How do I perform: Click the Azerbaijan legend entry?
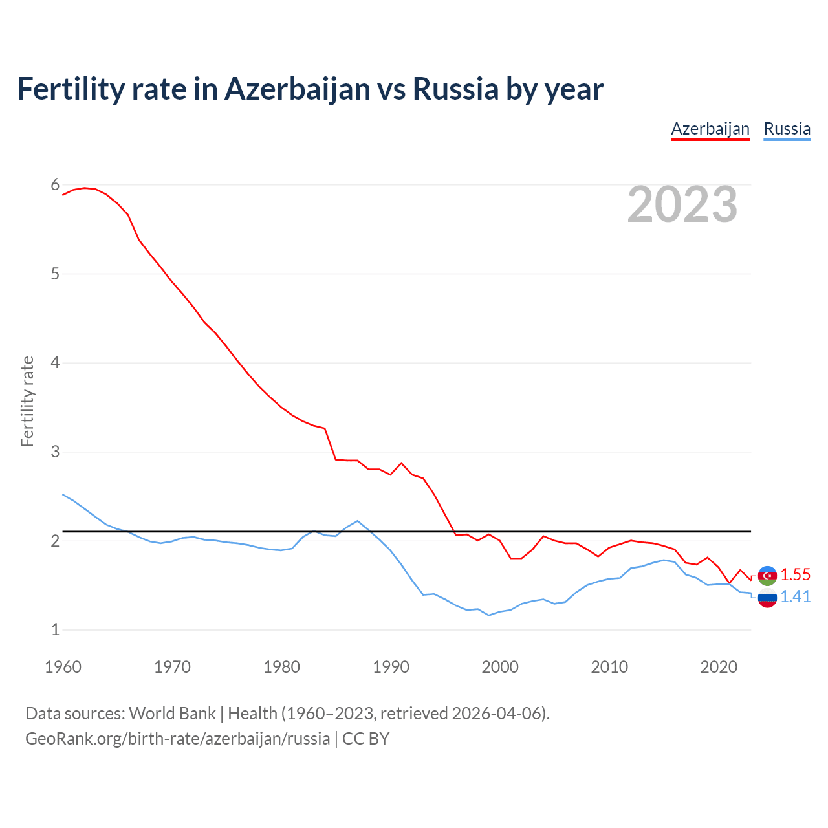coord(710,129)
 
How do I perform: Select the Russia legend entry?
coord(787,129)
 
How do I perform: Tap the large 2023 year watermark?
coord(682,204)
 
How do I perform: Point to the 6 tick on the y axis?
coord(55,185)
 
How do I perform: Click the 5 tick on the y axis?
coord(55,274)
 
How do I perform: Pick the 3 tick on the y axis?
coord(55,452)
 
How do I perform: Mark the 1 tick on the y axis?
coord(55,629)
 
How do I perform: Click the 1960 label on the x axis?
coord(63,667)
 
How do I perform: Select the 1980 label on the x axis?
coord(281,667)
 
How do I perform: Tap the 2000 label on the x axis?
coord(500,667)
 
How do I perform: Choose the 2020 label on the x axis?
coord(719,667)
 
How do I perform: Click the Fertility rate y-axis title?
coord(27,401)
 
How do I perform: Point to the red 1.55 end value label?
coord(795,574)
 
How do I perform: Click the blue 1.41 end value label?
coord(795,596)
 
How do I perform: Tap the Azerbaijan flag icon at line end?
coord(767,575)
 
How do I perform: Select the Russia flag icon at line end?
coord(767,598)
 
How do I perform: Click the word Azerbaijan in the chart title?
coord(298,89)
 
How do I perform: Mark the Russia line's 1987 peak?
coord(358,521)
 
